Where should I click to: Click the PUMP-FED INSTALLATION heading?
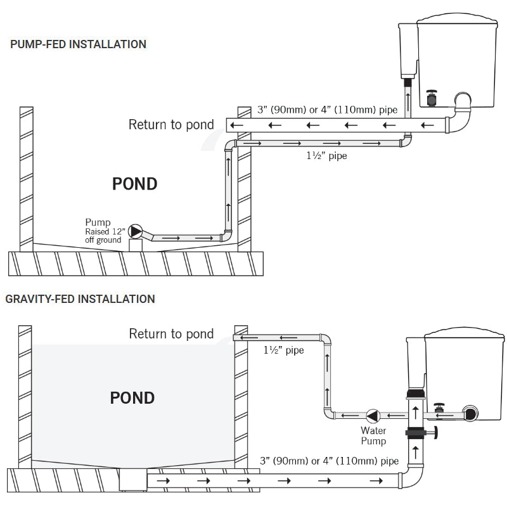tap(78, 44)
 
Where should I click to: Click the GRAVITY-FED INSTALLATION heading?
tap(80, 298)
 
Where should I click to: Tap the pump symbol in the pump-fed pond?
tap(136, 231)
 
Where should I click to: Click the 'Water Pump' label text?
tap(373, 435)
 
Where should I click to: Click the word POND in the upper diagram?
tap(135, 184)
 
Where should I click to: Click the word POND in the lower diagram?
tap(132, 398)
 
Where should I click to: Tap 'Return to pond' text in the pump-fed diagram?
tap(171, 124)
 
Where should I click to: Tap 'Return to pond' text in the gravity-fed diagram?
tap(171, 333)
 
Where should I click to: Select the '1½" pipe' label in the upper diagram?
tap(326, 155)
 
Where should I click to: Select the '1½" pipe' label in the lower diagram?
tap(283, 350)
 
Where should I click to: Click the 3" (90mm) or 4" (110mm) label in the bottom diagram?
tap(329, 461)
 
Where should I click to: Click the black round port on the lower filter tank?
tap(470, 413)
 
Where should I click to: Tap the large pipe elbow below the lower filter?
tap(411, 477)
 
